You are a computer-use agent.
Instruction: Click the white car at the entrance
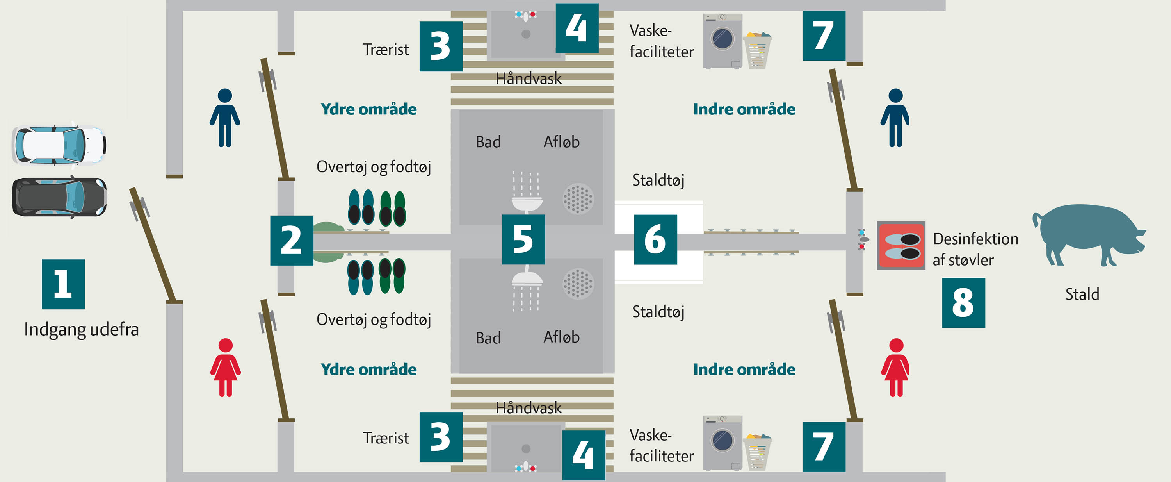point(59,145)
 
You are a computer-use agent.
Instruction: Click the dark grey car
point(59,197)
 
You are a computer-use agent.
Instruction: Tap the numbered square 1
point(63,284)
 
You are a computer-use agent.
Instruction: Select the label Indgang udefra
point(81,329)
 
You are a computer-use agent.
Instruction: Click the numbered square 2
point(292,240)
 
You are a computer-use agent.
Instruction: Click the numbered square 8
point(963,303)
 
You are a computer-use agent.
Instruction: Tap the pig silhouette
point(1089,233)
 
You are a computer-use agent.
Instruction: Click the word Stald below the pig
point(1082,294)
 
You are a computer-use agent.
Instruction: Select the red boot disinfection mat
point(900,246)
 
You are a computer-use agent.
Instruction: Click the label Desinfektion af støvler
point(975,249)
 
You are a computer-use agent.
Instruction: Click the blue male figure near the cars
point(224,118)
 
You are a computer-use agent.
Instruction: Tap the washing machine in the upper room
point(723,41)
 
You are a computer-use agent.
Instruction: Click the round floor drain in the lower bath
point(578,283)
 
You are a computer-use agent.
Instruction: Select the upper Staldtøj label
point(658,180)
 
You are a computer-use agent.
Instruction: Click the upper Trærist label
point(386,50)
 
